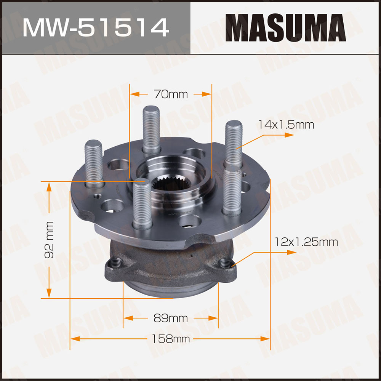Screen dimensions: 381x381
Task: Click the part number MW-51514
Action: coord(96,28)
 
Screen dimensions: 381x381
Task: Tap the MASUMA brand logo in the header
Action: coord(285,28)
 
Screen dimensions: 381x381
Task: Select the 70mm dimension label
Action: coord(171,94)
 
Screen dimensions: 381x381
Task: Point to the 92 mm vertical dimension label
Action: coord(49,240)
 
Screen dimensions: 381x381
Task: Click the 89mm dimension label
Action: coord(171,318)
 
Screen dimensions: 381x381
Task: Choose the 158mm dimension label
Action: coord(171,339)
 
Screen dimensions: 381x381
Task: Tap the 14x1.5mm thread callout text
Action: coord(286,125)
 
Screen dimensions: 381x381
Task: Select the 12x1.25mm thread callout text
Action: coord(306,242)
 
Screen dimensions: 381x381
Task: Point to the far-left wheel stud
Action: coord(94,164)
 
